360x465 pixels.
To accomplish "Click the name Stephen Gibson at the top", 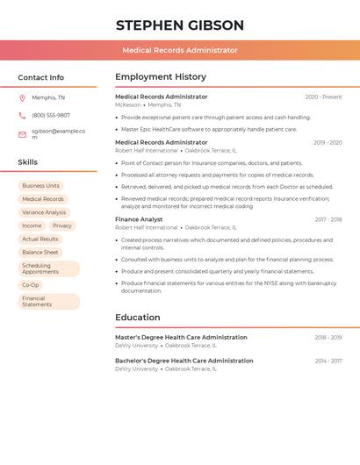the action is (180, 25).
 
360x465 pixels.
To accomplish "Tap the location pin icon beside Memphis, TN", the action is (22, 98).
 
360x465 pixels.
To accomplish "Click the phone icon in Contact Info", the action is (22, 116).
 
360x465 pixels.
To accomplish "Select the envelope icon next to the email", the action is (22, 134).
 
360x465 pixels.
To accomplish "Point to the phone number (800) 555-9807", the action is (51, 116).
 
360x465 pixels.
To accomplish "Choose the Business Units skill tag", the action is (41, 186).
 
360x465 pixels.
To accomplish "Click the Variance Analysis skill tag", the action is (44, 212).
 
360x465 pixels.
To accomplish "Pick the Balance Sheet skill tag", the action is (40, 252).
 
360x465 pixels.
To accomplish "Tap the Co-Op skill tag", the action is (31, 285).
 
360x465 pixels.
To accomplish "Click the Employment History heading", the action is (161, 77).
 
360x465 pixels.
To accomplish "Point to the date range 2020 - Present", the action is (323, 97).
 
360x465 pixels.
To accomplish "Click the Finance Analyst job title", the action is (139, 219).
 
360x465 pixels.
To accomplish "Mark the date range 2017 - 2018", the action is (328, 219).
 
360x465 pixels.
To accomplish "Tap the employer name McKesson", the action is (128, 105).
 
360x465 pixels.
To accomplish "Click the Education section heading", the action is (138, 318).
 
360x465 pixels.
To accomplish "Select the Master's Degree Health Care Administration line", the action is (181, 338).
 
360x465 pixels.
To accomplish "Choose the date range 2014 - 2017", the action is (328, 361).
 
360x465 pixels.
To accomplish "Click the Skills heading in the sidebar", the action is (28, 162).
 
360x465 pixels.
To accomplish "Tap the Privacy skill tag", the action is (62, 225).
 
